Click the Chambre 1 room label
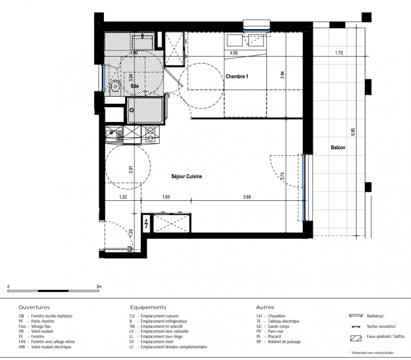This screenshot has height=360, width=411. click(x=237, y=76)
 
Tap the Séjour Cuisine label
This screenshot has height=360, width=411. click(x=187, y=176)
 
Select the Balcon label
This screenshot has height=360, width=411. click(x=338, y=148)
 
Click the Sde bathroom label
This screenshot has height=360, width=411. click(x=135, y=86)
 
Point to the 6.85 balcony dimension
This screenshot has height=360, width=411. click(x=353, y=132)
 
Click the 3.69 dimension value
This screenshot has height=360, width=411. click(x=247, y=197)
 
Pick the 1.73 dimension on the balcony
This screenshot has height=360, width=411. click(x=339, y=53)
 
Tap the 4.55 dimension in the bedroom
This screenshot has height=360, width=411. click(x=234, y=53)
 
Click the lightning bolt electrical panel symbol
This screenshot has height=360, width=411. click(x=146, y=224)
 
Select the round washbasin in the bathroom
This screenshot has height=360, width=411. click(x=115, y=85)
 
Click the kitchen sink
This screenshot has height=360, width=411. click(x=114, y=135)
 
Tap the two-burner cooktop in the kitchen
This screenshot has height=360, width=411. click(x=150, y=135)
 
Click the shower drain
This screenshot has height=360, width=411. click(x=132, y=110)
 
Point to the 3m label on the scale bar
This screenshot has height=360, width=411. click(x=99, y=287)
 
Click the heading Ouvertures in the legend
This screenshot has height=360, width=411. click(x=34, y=307)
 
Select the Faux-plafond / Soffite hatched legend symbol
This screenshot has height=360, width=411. click(x=356, y=338)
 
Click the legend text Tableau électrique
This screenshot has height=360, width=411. click(x=283, y=321)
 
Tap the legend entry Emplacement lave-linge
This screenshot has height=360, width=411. click(x=161, y=337)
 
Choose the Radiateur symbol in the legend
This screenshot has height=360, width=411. click(x=356, y=315)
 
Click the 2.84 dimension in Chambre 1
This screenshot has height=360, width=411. click(x=282, y=75)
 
